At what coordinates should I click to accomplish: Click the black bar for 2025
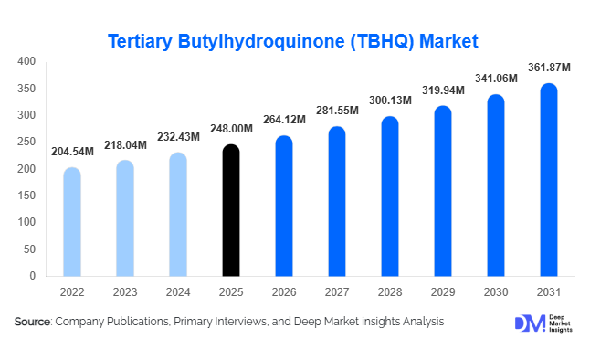point(232,210)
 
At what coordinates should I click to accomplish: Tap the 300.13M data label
point(391,100)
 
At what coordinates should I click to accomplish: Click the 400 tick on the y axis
point(27,61)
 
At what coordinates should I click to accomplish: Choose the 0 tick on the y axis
point(32,275)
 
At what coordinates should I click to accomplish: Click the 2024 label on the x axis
point(179,292)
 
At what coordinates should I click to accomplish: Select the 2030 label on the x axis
point(497,292)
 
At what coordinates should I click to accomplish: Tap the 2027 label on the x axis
point(338,292)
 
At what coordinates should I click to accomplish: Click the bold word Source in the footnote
point(33,322)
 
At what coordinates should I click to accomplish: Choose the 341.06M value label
point(497,79)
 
